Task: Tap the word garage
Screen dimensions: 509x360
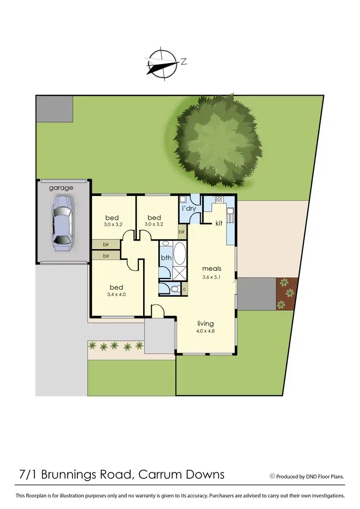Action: click(61, 188)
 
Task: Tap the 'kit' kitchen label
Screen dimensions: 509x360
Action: click(219, 223)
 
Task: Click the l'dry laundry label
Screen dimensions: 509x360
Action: click(188, 208)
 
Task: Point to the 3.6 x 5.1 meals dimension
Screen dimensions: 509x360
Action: click(211, 277)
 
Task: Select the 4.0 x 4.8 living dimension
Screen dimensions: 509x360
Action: click(205, 331)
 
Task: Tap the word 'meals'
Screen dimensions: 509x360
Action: click(212, 268)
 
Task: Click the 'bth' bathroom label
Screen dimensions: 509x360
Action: click(166, 257)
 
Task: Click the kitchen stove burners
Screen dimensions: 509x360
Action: click(219, 199)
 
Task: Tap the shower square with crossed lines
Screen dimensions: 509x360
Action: click(180, 273)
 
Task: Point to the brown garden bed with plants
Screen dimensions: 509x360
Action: click(287, 293)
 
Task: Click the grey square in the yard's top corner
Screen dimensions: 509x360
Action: click(54, 109)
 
